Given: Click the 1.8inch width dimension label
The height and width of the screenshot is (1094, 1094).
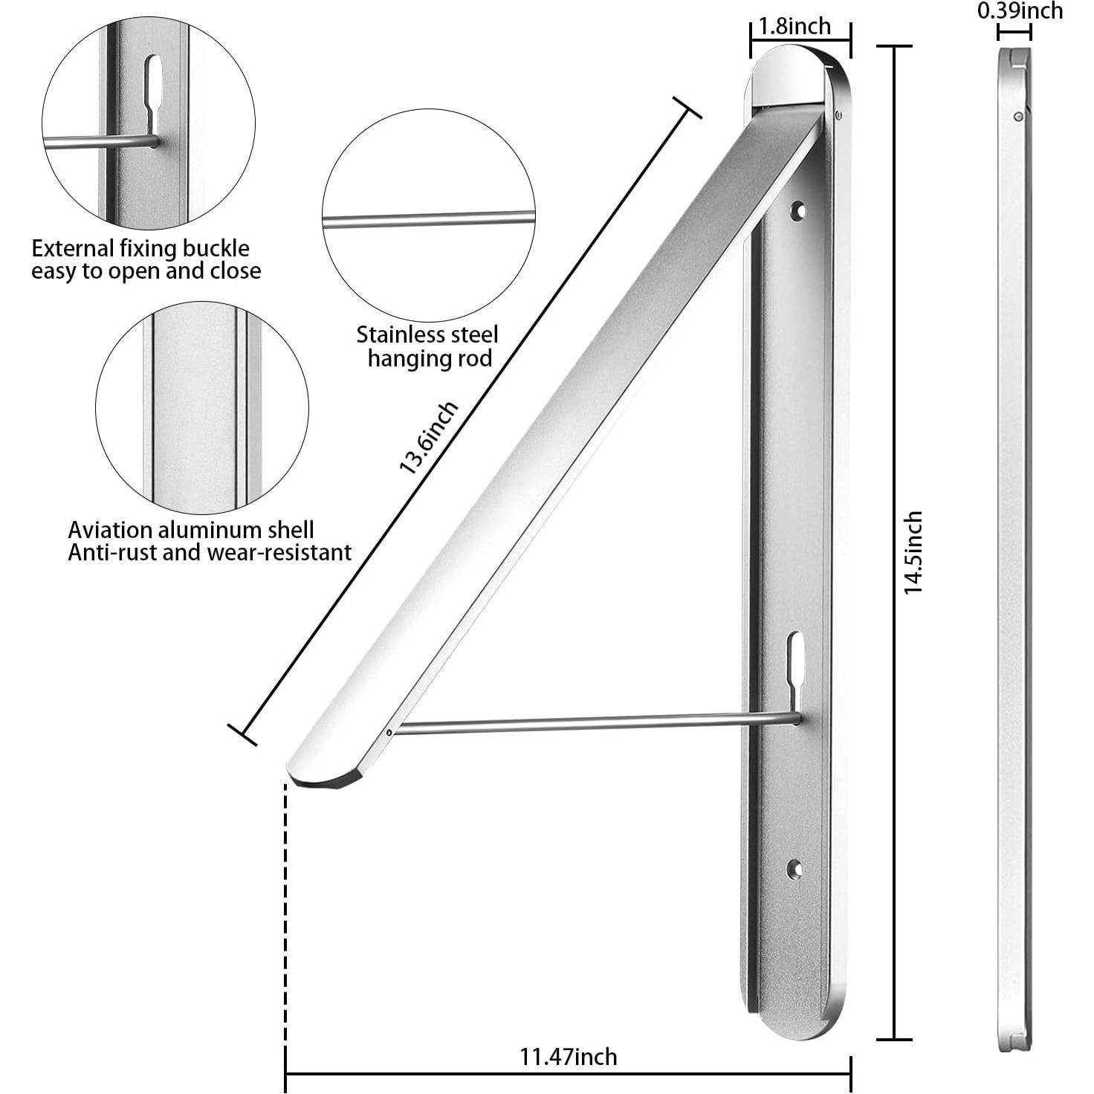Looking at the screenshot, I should (794, 27).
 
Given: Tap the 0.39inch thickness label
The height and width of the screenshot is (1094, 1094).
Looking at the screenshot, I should (1020, 10).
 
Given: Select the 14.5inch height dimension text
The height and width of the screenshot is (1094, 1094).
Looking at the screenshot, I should (913, 551).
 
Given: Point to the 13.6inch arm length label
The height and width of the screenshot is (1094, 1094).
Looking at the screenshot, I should (429, 438).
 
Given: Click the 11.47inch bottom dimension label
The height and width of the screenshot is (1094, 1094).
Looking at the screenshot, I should (568, 1056).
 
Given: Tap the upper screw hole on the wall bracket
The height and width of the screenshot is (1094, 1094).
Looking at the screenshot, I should (800, 212).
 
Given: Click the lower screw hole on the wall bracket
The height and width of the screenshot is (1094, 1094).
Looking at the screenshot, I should (794, 868).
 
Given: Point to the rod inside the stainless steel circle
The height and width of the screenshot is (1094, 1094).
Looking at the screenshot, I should (428, 219).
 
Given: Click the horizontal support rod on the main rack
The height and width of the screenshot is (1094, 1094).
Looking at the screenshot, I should (595, 723).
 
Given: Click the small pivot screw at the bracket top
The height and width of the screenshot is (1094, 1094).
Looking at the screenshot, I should (838, 114).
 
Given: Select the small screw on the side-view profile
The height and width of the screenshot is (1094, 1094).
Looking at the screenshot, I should (1018, 116).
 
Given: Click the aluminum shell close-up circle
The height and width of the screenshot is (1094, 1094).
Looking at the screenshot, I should (201, 407).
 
